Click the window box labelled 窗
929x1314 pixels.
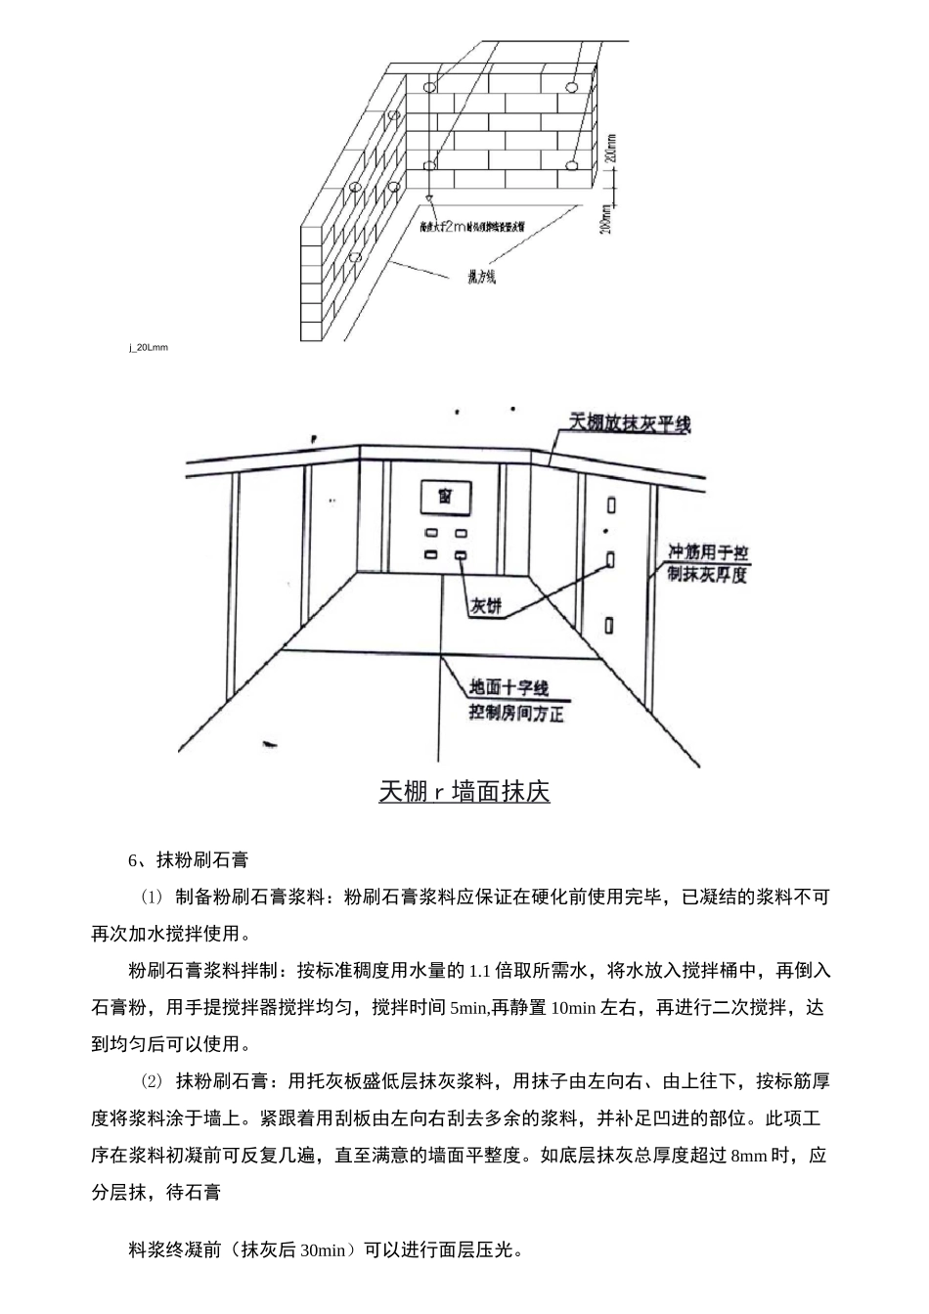(x=445, y=498)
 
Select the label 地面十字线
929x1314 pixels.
(x=509, y=688)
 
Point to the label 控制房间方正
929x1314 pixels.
(x=516, y=715)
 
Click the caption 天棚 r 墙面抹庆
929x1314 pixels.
(x=464, y=791)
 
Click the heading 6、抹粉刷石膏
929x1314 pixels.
(x=189, y=860)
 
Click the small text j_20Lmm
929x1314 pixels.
(x=149, y=347)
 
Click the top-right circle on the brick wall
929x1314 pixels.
(x=570, y=88)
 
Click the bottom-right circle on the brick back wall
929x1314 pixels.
(x=570, y=162)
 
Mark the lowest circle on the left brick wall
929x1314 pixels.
(x=355, y=257)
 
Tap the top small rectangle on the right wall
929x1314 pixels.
(x=611, y=505)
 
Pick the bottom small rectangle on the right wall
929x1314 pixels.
(x=611, y=624)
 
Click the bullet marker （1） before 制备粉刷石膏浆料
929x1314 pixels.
(x=152, y=897)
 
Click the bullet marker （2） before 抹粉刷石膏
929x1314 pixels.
(x=152, y=1081)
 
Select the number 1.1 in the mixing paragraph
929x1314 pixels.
(x=480, y=971)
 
